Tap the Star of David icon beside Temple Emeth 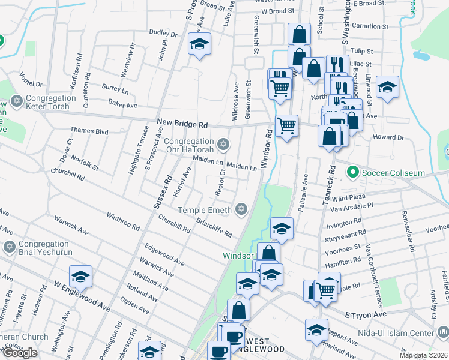(x=241, y=209)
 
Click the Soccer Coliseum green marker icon (x=353, y=173)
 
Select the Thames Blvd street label (x=89, y=130)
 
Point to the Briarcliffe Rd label (x=214, y=227)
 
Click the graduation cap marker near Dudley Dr (x=200, y=44)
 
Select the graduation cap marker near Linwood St (x=388, y=86)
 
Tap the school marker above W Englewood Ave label (x=80, y=276)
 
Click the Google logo (x=20, y=353)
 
